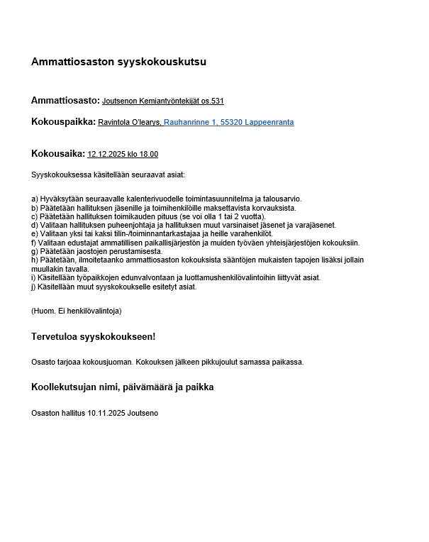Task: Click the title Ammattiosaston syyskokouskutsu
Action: (118, 62)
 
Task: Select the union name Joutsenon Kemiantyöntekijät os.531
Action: (163, 101)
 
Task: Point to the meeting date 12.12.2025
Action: (105, 154)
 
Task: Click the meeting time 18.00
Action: (149, 154)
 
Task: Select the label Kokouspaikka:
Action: (63, 122)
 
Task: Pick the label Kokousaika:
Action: (58, 153)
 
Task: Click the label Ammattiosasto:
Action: (65, 101)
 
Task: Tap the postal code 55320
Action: (231, 123)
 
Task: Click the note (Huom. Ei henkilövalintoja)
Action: (76, 311)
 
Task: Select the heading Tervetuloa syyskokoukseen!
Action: (93, 336)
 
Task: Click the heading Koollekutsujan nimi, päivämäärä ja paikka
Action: (122, 387)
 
